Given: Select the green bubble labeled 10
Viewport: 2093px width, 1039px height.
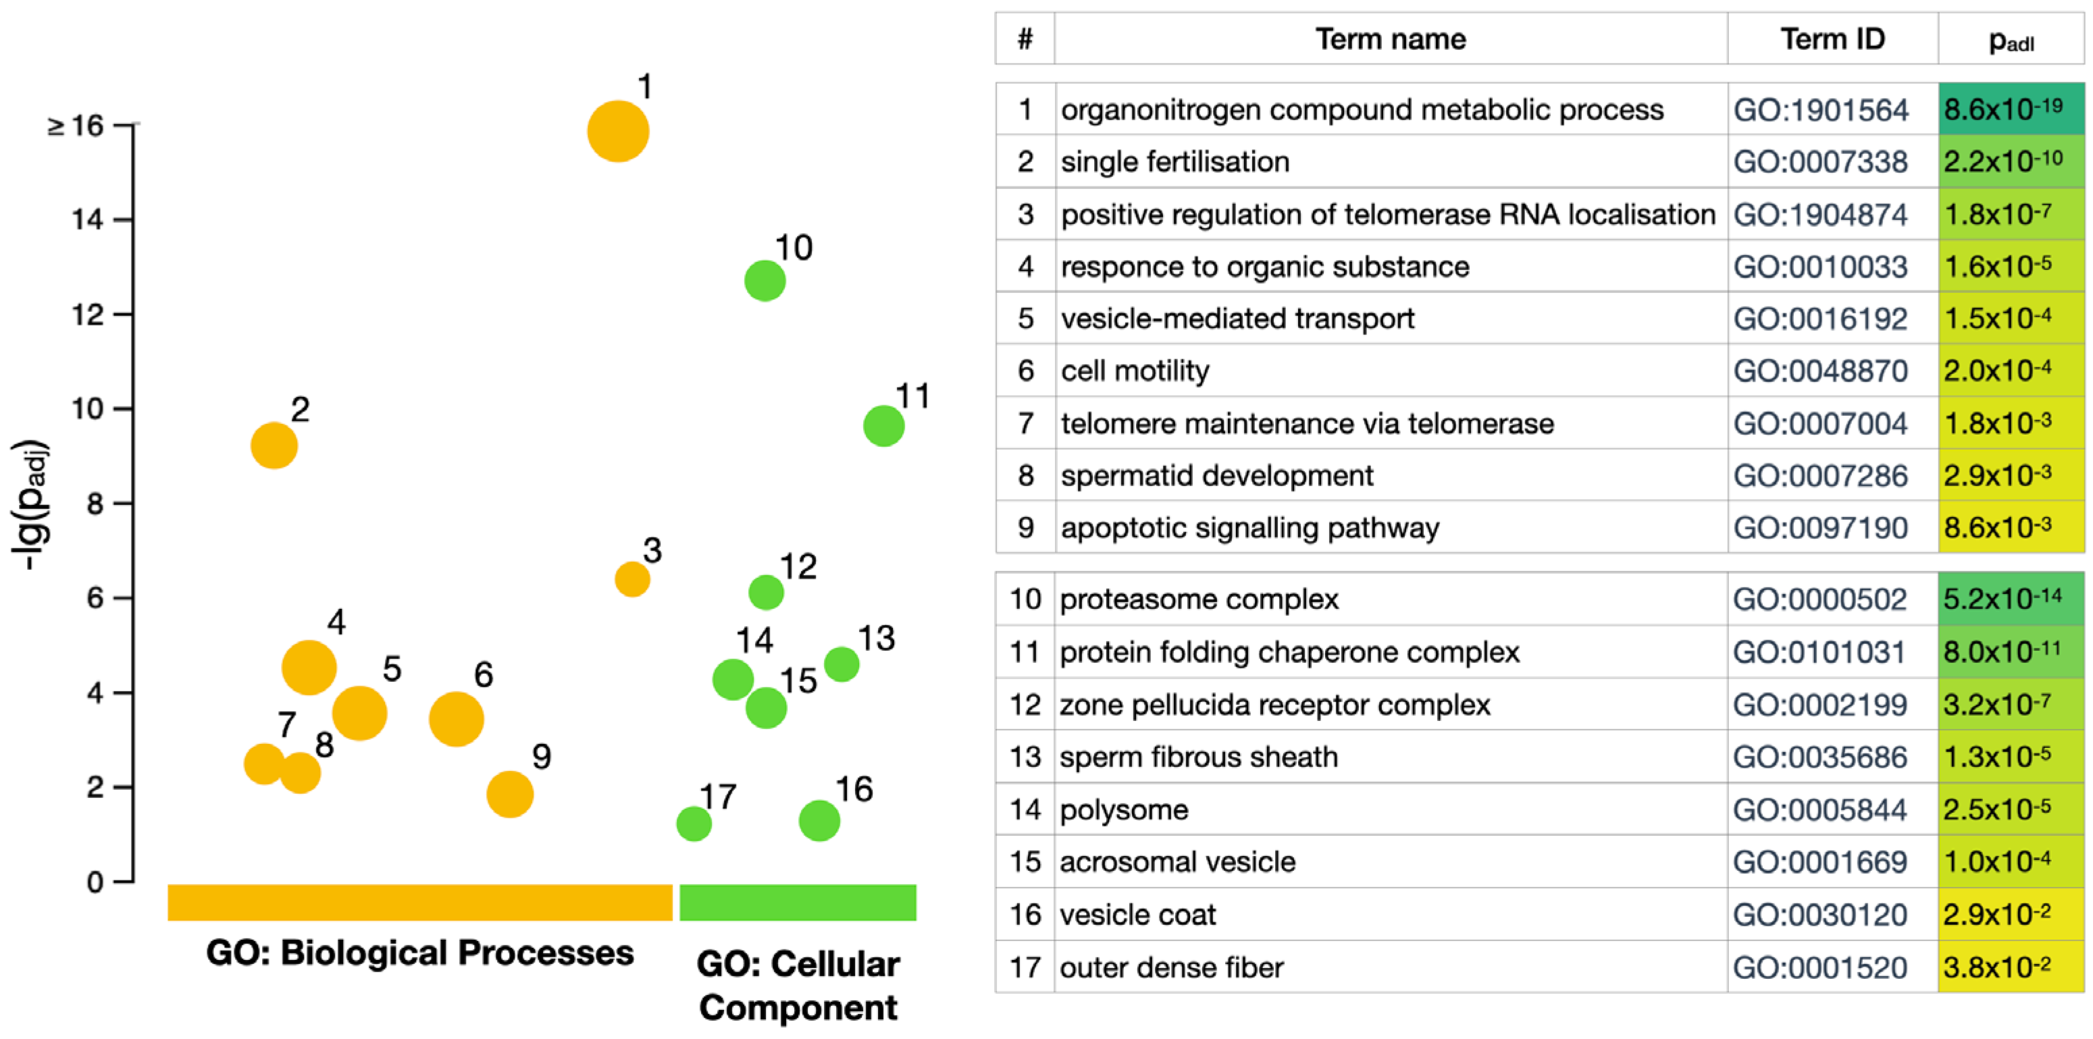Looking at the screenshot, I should pos(765,281).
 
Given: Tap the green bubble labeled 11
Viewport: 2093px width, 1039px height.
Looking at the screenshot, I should pos(883,426).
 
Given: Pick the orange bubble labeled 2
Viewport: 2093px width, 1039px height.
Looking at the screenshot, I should pos(274,445).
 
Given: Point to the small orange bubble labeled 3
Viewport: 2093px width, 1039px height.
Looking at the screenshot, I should pos(632,579).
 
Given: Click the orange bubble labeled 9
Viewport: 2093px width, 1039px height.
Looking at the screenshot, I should pos(509,794).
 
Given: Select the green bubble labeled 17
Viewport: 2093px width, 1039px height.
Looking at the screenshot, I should pos(694,824).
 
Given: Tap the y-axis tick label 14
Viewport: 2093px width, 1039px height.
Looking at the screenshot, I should pos(87,219).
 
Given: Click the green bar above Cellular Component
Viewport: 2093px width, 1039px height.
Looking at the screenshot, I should pos(797,902).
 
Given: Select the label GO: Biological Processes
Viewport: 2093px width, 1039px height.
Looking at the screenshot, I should pos(419,952).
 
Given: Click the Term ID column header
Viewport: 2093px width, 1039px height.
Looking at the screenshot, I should pos(1832,39).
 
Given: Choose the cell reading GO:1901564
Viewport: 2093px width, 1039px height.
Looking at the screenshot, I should pos(1821,109).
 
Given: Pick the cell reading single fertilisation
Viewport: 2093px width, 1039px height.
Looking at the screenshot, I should pos(1175,161).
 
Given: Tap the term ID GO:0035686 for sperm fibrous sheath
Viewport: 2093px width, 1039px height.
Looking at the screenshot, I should pos(1820,757).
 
